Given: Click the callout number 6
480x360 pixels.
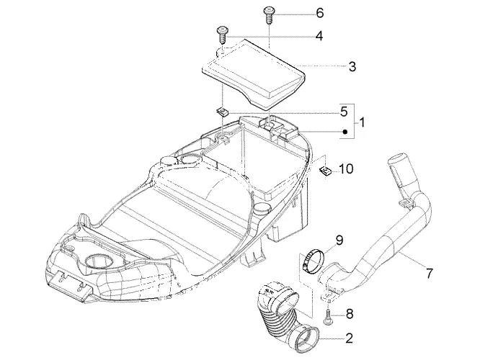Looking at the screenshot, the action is pyautogui.click(x=319, y=13).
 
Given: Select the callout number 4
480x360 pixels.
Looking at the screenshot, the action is pyautogui.click(x=319, y=36).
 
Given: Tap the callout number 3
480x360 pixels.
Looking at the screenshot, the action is pyautogui.click(x=352, y=66).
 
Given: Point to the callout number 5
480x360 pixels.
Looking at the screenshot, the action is pyautogui.click(x=344, y=112).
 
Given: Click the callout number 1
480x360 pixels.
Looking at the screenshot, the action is pyautogui.click(x=362, y=122).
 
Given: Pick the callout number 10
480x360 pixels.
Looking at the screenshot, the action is pyautogui.click(x=346, y=168).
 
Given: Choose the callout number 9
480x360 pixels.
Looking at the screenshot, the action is pyautogui.click(x=339, y=240).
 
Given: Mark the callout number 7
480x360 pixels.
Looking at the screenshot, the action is pyautogui.click(x=430, y=273).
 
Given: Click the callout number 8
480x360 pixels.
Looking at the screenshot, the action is pyautogui.click(x=350, y=314).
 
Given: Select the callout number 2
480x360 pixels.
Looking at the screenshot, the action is pyautogui.click(x=349, y=338).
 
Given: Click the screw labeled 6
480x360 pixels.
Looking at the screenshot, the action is pyautogui.click(x=269, y=15).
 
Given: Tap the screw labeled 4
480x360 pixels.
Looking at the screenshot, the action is pyautogui.click(x=222, y=35).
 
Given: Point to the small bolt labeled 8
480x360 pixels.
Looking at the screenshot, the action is pyautogui.click(x=327, y=317).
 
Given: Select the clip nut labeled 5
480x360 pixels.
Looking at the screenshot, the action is pyautogui.click(x=222, y=112).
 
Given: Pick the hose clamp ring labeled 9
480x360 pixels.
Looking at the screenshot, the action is pyautogui.click(x=311, y=260).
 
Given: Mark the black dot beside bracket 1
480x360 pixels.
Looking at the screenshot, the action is pyautogui.click(x=345, y=132).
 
